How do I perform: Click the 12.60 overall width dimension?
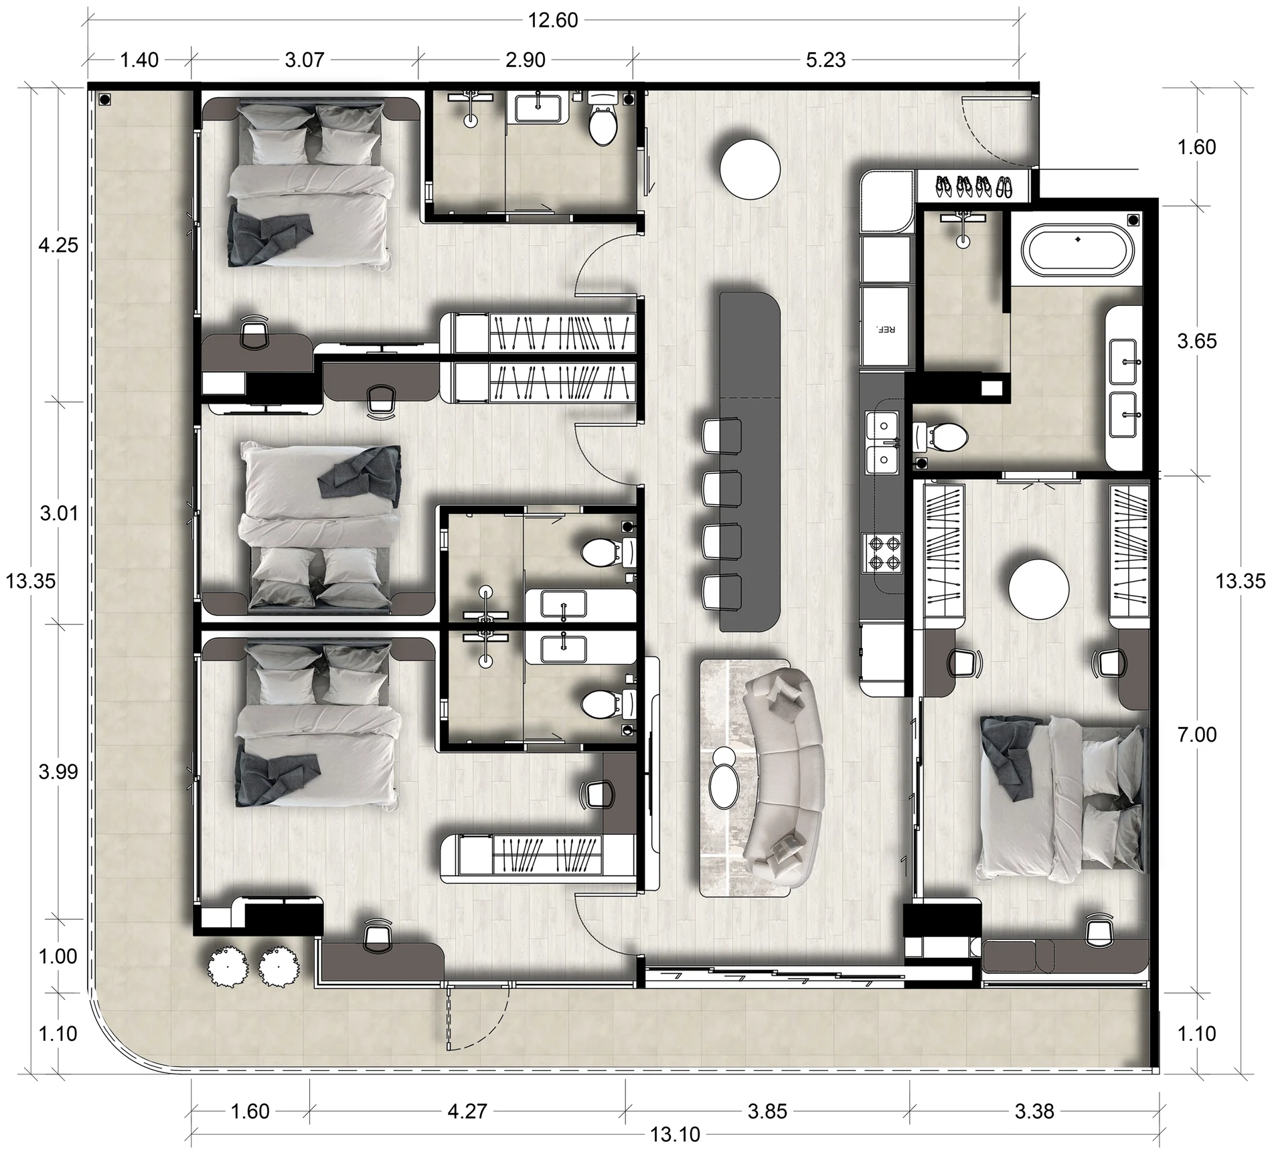(x=553, y=20)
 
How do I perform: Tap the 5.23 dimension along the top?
(x=825, y=60)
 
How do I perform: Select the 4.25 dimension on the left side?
(x=58, y=245)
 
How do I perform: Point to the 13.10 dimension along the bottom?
(x=675, y=1134)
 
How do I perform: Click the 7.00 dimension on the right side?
(x=1197, y=734)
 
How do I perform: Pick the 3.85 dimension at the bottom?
(x=767, y=1111)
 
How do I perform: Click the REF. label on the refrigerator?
(x=885, y=329)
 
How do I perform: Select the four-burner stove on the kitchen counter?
(x=884, y=553)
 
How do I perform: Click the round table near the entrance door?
(x=750, y=167)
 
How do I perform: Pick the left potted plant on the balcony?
(x=228, y=966)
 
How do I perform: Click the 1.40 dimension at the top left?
(x=139, y=60)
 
